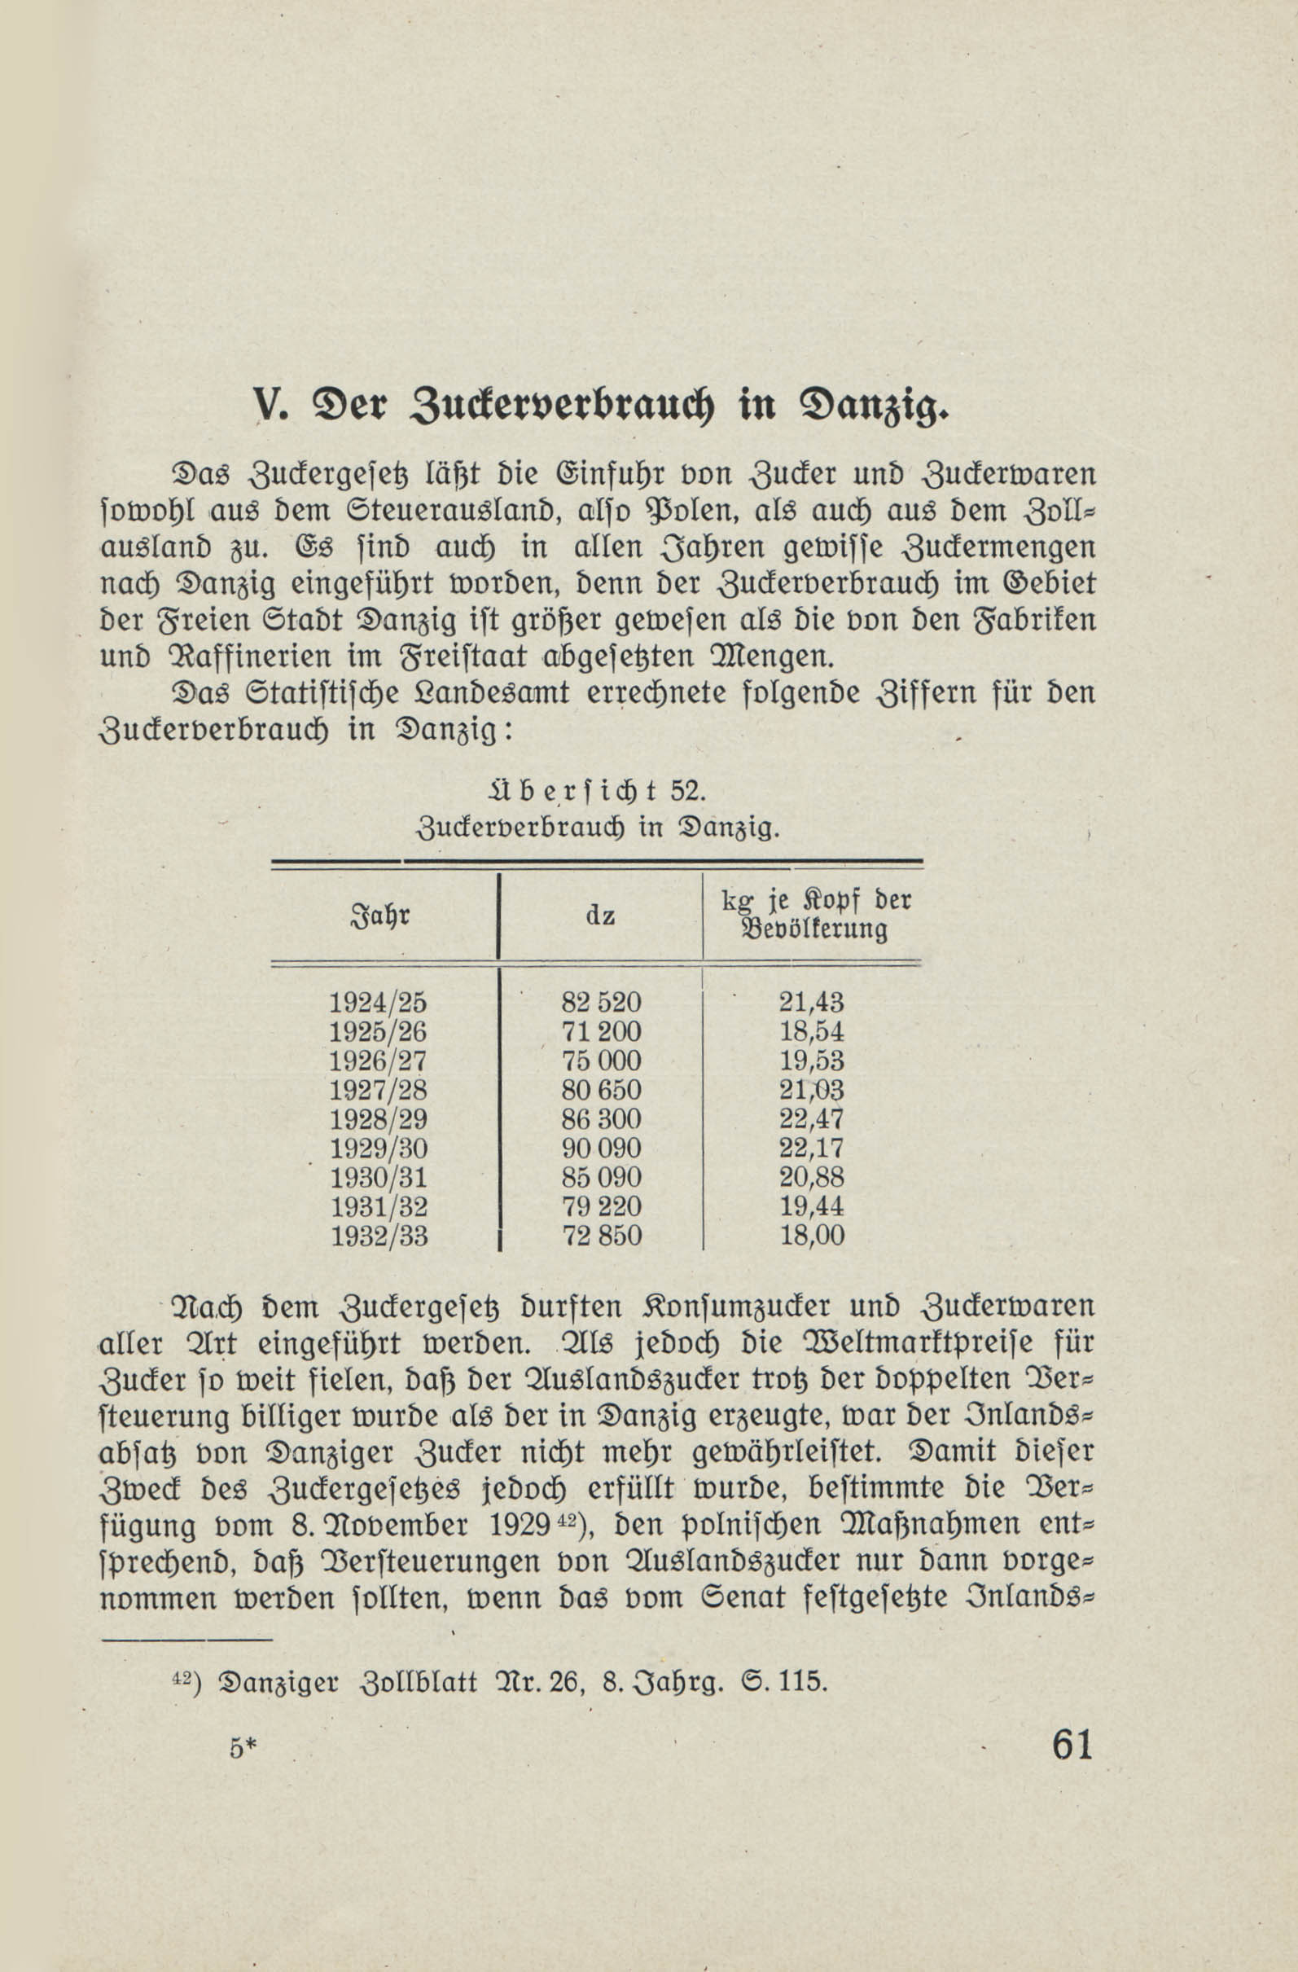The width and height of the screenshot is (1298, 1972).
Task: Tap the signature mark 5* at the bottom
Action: click(x=245, y=1748)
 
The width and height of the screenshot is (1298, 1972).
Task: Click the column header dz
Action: click(x=599, y=916)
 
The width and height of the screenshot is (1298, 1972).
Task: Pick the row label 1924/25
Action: click(x=378, y=1003)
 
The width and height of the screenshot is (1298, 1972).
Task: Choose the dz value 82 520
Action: click(x=602, y=1003)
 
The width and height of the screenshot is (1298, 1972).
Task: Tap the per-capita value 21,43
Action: click(x=811, y=1003)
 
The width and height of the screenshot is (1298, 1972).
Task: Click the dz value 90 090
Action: click(x=602, y=1149)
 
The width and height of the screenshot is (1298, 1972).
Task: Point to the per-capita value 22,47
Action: click(x=811, y=1119)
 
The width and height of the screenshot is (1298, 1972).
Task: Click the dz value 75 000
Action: click(x=602, y=1061)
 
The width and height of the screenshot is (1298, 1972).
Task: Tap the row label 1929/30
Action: click(x=379, y=1149)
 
